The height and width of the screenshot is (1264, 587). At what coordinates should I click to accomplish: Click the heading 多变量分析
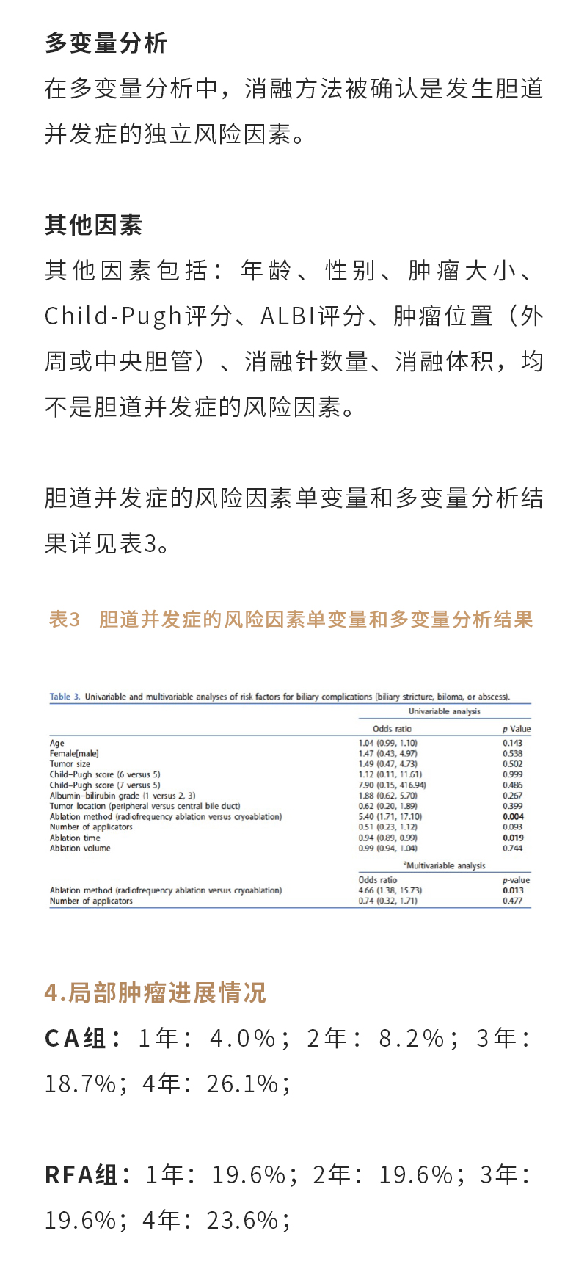[106, 43]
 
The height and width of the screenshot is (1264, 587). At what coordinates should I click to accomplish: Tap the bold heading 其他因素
[93, 225]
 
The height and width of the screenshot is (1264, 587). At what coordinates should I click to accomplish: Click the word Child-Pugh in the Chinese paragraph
[113, 316]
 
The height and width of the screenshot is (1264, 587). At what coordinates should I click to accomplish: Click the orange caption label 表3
[64, 620]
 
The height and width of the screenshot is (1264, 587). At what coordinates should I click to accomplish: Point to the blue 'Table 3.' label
[65, 697]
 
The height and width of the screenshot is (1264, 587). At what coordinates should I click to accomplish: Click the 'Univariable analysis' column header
[444, 711]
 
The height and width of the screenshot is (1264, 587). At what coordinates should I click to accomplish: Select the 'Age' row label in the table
[57, 744]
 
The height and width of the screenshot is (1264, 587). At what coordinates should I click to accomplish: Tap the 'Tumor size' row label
[70, 764]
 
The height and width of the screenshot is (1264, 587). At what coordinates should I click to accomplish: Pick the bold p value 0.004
[513, 816]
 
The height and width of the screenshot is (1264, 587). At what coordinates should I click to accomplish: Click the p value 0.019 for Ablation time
[513, 838]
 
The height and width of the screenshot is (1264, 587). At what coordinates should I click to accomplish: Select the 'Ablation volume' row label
[80, 849]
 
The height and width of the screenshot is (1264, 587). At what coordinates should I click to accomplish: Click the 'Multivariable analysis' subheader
[445, 866]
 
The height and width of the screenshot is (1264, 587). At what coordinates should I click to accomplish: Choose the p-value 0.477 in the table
[512, 901]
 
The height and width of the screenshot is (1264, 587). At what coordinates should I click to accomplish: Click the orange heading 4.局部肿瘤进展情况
[155, 993]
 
